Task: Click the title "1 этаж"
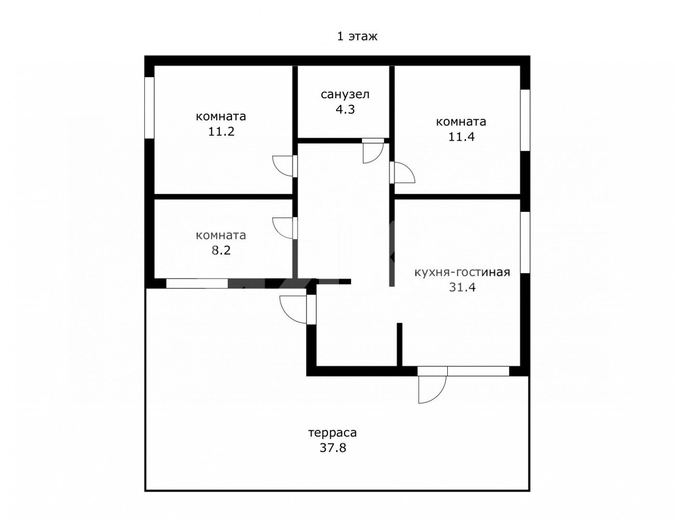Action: tap(357, 37)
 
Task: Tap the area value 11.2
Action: tap(221, 131)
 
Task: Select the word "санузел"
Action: tap(345, 94)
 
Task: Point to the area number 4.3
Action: tap(345, 109)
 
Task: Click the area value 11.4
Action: tap(461, 137)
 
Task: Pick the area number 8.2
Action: tap(221, 250)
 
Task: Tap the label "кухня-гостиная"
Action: tap(462, 272)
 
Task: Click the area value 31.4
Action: tap(462, 287)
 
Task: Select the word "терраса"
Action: tap(333, 432)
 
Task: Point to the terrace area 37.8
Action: tap(333, 448)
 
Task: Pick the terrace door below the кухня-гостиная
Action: tap(432, 385)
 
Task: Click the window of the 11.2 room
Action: tap(150, 107)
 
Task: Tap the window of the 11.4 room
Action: tap(525, 120)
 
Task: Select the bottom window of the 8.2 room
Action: tap(197, 284)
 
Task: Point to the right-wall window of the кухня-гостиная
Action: tap(525, 243)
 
